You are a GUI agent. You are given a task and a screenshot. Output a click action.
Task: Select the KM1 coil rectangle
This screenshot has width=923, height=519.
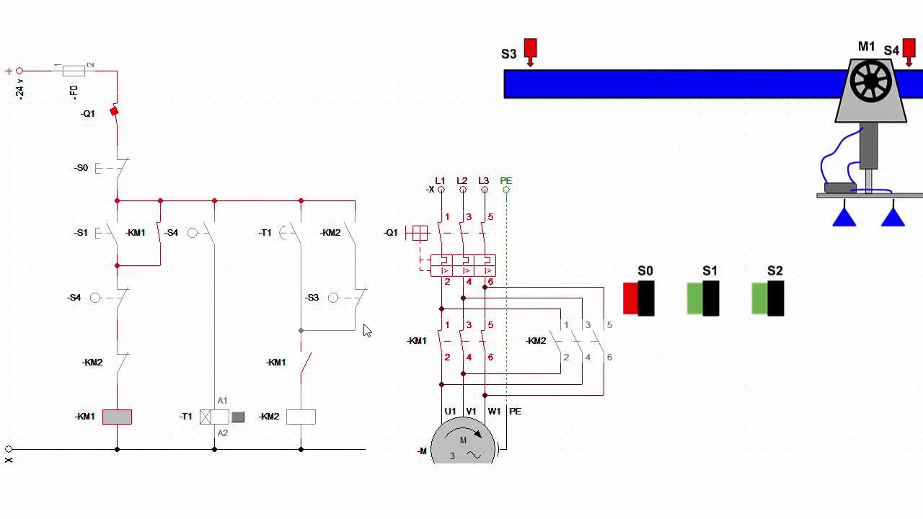117,417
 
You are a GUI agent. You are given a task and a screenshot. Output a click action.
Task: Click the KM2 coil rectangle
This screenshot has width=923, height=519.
301,417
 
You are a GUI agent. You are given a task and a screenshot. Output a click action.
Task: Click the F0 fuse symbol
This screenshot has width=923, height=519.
74,71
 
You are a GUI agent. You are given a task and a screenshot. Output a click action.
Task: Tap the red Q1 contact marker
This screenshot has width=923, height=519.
113,111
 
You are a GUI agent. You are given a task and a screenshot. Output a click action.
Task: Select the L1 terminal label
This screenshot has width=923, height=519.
441,180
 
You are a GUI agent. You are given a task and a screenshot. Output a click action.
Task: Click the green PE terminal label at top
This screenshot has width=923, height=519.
506,180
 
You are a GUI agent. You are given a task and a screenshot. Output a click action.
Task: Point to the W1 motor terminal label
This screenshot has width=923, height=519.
494,411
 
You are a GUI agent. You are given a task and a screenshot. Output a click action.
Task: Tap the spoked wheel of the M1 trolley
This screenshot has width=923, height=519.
871,81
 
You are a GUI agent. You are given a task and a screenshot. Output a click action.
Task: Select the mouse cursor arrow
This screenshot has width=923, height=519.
367,330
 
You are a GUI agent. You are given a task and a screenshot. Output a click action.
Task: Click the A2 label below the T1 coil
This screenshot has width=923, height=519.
223,433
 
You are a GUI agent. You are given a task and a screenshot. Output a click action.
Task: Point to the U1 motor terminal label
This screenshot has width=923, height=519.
450,411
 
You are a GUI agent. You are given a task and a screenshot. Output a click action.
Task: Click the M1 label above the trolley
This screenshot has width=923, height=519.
866,47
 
